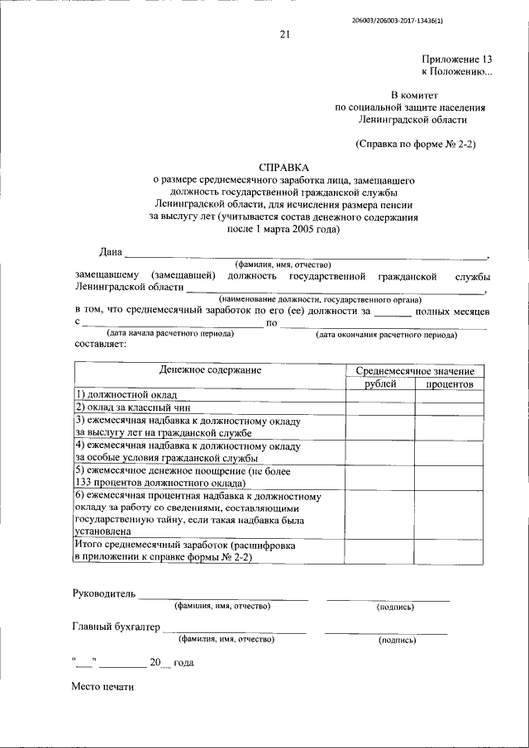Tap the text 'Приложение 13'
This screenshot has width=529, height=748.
[456, 60]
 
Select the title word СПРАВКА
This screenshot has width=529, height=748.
[284, 166]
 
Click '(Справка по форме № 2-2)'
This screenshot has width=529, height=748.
[416, 143]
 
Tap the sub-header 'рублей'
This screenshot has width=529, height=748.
[380, 384]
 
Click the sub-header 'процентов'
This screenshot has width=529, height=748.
[450, 384]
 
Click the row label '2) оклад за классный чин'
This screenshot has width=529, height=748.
[133, 408]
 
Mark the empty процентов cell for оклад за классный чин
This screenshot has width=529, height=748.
[450, 408]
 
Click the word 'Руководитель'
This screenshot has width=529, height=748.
[102, 593]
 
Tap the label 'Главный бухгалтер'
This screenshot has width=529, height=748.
[115, 627]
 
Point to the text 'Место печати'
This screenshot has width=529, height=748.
[102, 686]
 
